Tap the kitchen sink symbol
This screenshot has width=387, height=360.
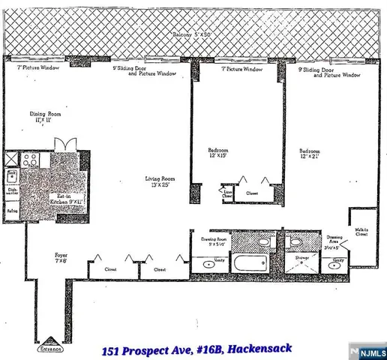(13, 178)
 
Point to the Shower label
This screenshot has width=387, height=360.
(301, 256)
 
